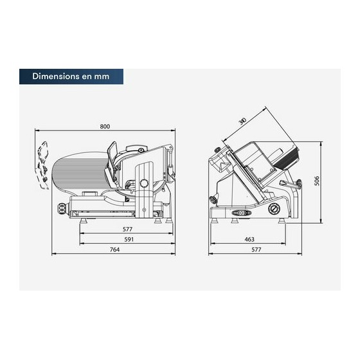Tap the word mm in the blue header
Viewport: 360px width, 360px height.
[102, 76]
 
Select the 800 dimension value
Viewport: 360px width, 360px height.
[105, 126]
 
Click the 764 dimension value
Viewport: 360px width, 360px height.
[114, 249]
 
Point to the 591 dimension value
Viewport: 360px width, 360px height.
[129, 239]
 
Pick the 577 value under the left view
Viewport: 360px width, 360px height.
[127, 230]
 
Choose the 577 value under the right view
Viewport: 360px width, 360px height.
[256, 249]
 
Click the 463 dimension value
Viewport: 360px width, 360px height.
[249, 239]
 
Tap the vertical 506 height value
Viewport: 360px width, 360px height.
[317, 181]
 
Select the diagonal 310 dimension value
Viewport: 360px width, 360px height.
[242, 122]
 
